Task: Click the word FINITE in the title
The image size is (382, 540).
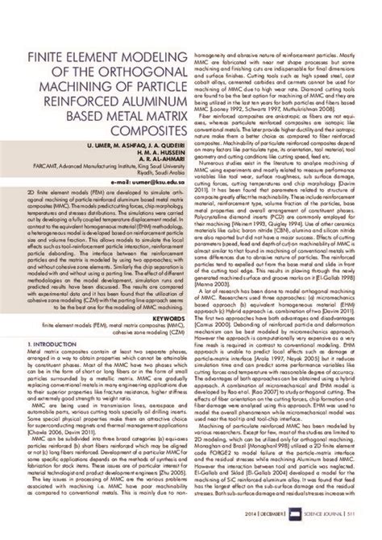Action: click(48, 59)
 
